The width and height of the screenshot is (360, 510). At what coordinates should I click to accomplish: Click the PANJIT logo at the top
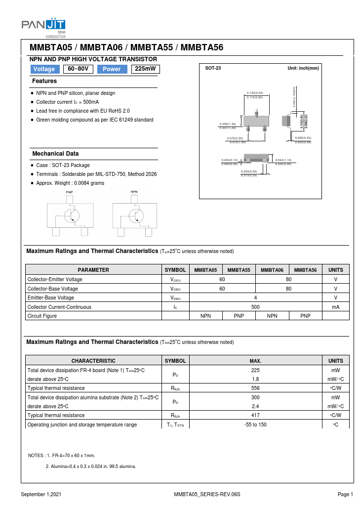43,25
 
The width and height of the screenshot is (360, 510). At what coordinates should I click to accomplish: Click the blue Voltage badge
44,69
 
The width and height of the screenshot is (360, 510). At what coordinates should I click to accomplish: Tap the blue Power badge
112,69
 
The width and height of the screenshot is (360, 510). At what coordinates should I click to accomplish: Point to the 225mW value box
146,69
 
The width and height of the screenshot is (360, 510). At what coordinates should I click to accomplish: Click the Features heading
44,81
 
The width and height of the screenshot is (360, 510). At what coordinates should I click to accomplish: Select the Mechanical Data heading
55,154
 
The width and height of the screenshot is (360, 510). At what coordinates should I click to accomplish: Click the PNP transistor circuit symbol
70,215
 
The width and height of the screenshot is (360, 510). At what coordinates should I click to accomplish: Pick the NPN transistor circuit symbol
135,215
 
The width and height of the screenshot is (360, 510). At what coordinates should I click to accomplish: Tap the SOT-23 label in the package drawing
213,68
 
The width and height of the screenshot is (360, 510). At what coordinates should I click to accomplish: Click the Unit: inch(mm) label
303,68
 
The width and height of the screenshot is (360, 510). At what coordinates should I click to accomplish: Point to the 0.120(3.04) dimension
255,93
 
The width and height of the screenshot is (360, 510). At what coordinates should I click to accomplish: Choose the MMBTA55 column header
239,270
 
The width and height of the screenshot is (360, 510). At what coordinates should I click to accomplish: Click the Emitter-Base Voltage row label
51,297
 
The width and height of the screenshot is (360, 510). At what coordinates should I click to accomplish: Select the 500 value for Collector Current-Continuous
255,307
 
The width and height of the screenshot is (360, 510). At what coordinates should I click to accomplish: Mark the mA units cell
335,307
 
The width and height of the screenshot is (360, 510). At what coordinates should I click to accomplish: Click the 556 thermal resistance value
255,388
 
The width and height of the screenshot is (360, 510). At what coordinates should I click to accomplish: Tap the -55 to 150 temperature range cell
255,425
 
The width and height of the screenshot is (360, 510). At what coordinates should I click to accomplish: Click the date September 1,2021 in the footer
41,494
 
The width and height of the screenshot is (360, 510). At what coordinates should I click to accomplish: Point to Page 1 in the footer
345,494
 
